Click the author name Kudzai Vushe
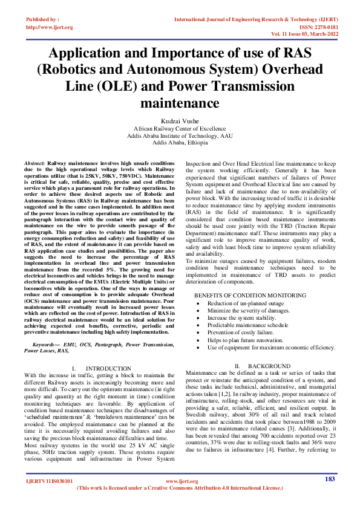(180, 121)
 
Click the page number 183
(330, 496)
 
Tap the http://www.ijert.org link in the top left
(50, 27)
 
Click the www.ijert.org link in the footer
(179, 499)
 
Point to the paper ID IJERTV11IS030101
(50, 499)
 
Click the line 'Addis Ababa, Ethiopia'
(180, 143)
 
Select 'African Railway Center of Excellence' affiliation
(180, 129)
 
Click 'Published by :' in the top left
(43, 19)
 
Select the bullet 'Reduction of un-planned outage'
(246, 303)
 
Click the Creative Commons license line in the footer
(180, 504)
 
